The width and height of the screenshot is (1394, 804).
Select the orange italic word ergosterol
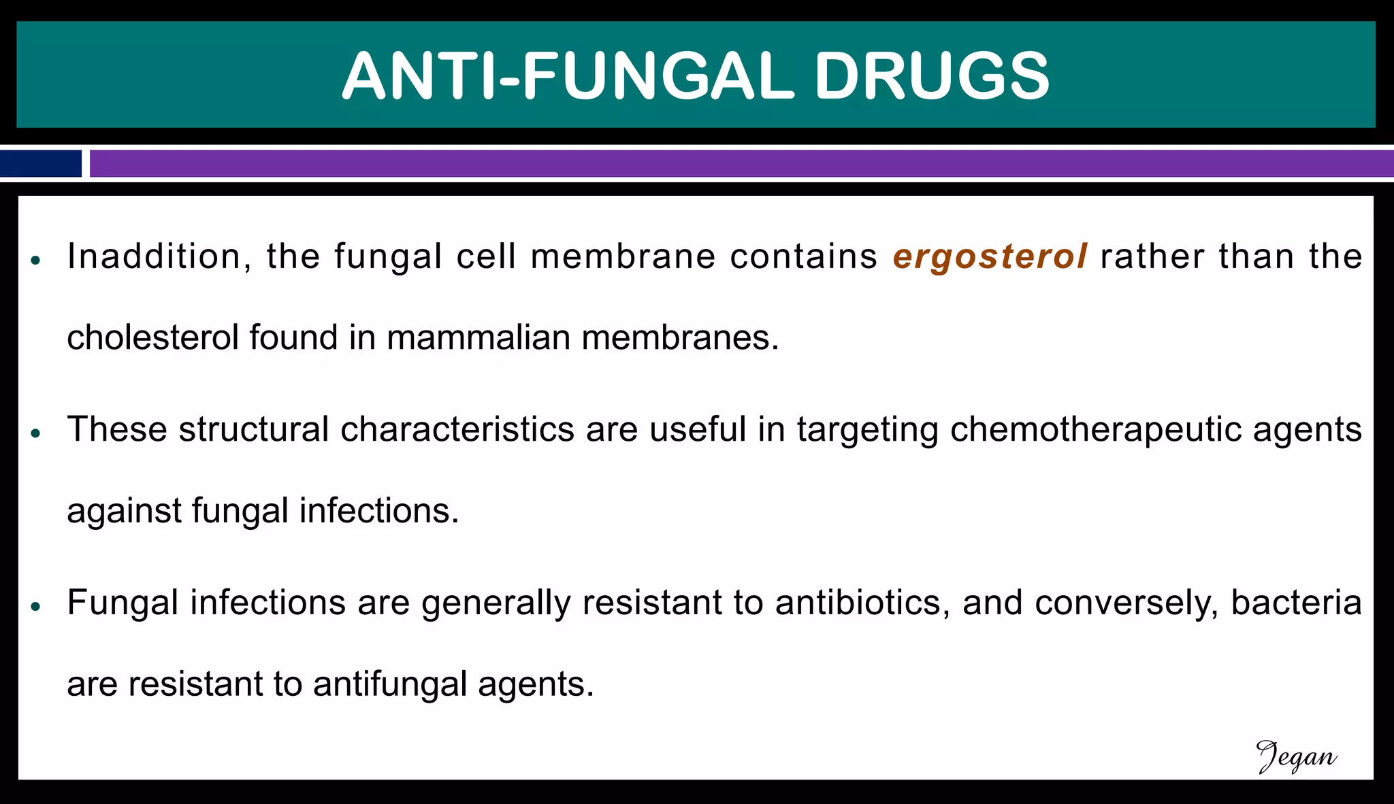point(990,257)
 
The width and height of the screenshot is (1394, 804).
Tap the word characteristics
point(457,430)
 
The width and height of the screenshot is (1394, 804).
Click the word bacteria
point(1296,603)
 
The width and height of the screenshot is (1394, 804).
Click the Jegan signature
point(1296,757)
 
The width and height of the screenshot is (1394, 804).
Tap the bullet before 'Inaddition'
point(37,261)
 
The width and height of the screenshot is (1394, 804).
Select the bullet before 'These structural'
point(37,433)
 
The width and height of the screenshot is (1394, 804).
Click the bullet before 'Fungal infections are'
point(37,607)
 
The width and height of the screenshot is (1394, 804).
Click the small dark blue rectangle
point(41,164)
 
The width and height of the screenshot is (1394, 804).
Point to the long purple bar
point(741,164)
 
